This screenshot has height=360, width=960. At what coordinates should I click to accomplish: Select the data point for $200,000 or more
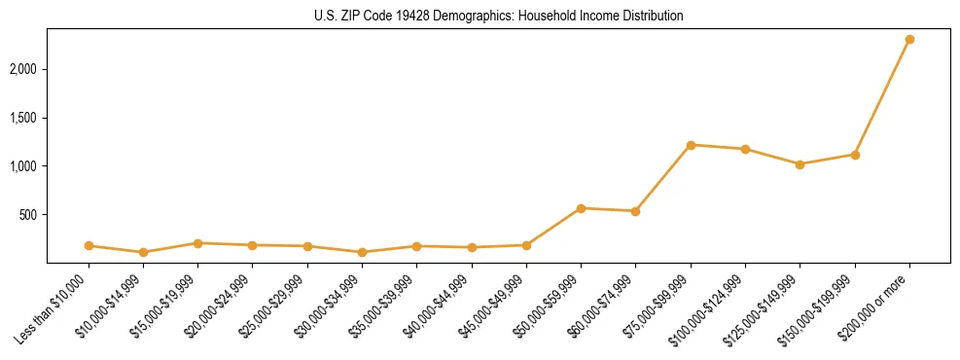[x=909, y=40]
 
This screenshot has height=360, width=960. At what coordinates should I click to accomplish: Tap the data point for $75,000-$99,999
[x=691, y=145]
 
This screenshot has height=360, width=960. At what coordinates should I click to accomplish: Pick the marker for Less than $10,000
[x=89, y=246]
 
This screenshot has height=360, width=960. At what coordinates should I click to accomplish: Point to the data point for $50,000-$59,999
[x=581, y=208]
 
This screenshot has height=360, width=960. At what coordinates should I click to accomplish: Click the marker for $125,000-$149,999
[x=800, y=164]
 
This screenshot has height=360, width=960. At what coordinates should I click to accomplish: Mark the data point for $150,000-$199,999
[x=855, y=155]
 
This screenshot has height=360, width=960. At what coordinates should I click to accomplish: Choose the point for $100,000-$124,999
[x=745, y=149]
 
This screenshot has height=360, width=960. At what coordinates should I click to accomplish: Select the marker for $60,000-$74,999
[x=635, y=211]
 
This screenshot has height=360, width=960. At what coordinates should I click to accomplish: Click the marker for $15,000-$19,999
[x=197, y=243]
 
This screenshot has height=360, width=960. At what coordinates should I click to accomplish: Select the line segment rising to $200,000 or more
[x=882, y=97]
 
